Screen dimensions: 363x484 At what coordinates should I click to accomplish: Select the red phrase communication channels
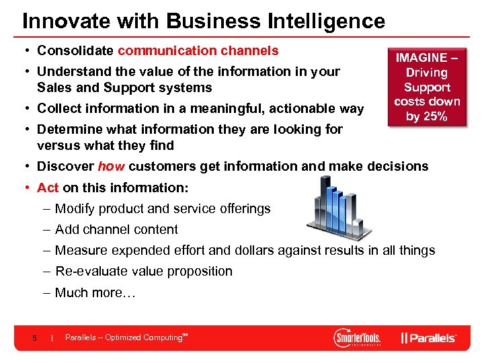(x=198, y=50)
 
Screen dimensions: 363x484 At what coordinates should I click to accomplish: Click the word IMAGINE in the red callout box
(x=421, y=58)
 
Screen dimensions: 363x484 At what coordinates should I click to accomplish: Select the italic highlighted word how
(x=112, y=167)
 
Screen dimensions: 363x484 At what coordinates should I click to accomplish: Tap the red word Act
(x=48, y=188)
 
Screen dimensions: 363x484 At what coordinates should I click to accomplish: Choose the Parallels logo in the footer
(x=429, y=337)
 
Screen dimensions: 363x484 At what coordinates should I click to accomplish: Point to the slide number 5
(x=34, y=337)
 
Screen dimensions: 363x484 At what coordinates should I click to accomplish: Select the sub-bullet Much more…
(x=95, y=292)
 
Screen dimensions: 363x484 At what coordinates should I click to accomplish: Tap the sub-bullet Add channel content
(x=116, y=230)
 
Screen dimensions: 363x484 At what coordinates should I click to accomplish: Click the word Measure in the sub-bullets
(x=79, y=251)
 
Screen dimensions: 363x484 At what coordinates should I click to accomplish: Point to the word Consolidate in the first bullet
(x=76, y=50)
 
